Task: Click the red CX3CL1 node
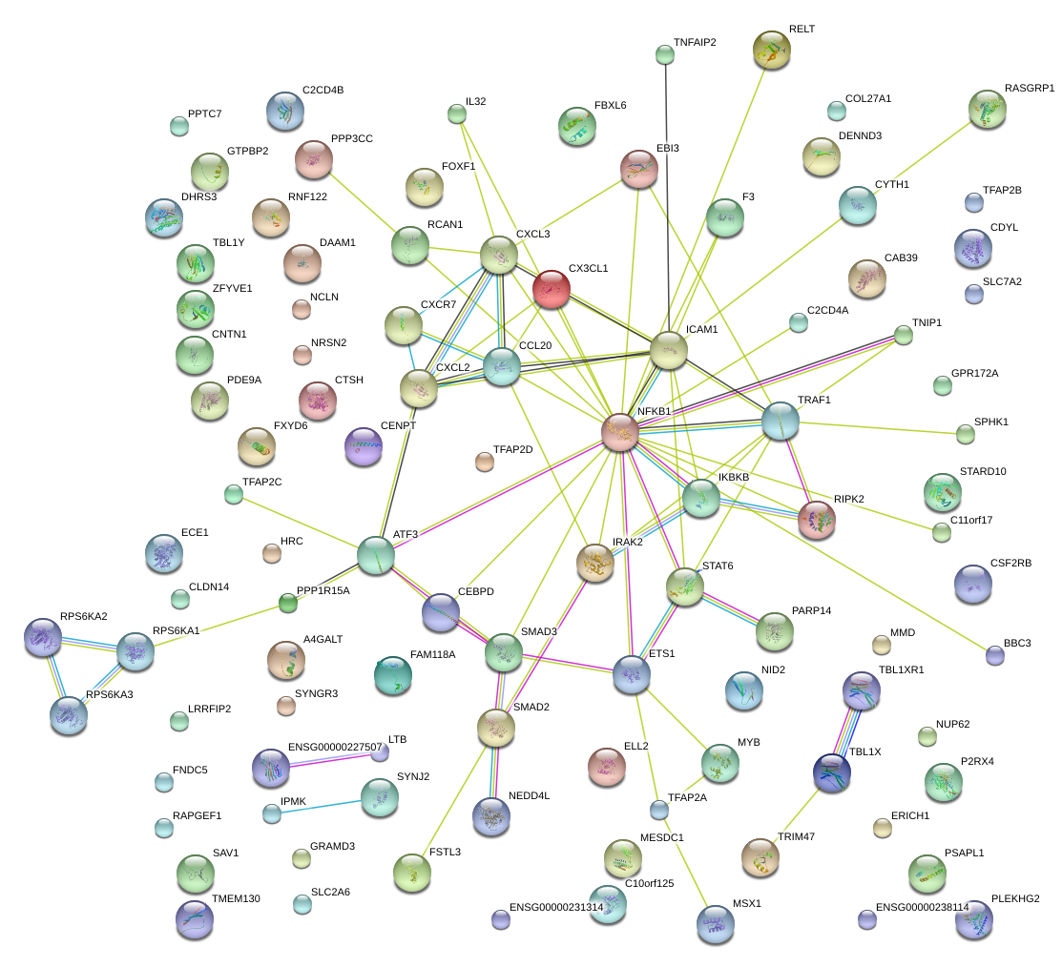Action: [551, 289]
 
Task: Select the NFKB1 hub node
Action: [621, 432]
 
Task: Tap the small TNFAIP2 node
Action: [665, 54]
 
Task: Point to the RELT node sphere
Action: [772, 50]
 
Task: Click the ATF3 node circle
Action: [376, 555]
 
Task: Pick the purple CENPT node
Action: [363, 446]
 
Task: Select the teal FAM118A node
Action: [393, 675]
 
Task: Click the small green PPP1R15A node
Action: [288, 602]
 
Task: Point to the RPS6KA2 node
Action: [43, 637]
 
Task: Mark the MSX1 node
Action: [716, 924]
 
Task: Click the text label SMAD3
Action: [540, 632]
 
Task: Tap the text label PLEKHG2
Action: [1015, 898]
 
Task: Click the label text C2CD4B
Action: [323, 90]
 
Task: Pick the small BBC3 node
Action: [995, 654]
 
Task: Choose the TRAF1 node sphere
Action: [780, 421]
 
